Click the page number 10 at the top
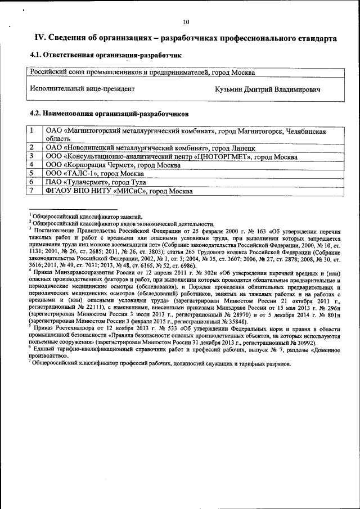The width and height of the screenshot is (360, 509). [x=186, y=22]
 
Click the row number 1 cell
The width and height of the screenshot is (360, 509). [x=33, y=130]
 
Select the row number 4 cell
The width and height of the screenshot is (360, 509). [x=33, y=165]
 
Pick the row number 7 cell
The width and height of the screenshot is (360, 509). [x=33, y=191]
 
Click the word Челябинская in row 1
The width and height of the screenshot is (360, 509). [x=305, y=130]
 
